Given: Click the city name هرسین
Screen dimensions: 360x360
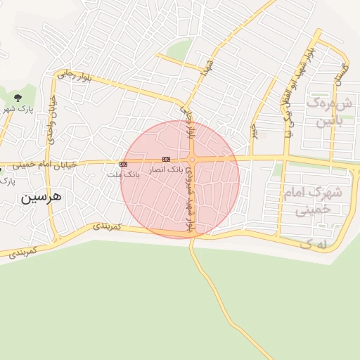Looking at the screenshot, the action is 41,197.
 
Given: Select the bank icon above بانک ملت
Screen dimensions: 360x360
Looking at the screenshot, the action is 124,164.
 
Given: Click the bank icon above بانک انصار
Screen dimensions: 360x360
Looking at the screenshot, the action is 166,160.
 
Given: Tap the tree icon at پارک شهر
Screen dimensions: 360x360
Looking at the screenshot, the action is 18,97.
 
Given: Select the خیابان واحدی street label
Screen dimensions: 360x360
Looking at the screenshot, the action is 51,119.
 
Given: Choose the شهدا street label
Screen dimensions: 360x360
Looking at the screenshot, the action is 207,67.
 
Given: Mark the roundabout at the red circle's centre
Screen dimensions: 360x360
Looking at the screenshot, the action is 191,160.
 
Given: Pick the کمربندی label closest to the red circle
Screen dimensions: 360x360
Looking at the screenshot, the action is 107,226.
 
